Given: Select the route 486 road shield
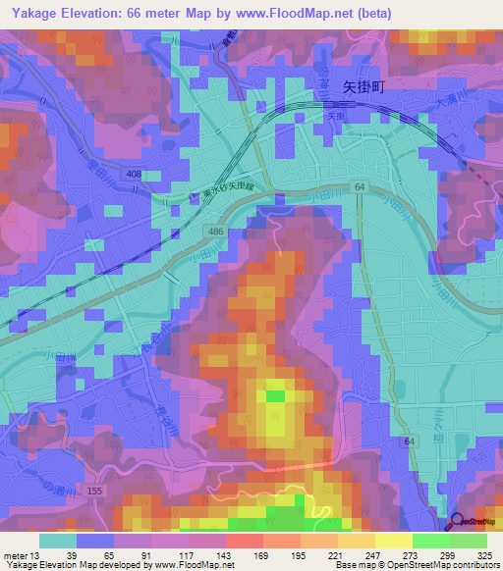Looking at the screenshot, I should click(x=213, y=230).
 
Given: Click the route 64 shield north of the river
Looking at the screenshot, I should click(x=361, y=186).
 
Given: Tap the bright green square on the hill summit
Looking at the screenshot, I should click(x=276, y=395).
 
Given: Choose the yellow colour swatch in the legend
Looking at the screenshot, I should click(x=393, y=541).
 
